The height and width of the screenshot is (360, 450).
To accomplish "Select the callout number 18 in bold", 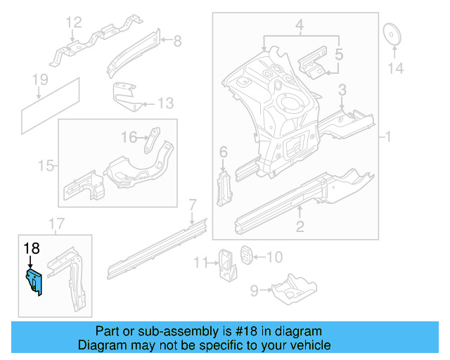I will (32, 247).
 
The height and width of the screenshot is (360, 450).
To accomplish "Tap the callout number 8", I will (176, 41).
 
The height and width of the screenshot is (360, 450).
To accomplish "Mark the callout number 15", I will (46, 166).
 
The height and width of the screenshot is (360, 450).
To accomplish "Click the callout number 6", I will (224, 152).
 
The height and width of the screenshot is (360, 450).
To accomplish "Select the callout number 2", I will (300, 226).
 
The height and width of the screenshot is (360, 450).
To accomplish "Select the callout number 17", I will (56, 224).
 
